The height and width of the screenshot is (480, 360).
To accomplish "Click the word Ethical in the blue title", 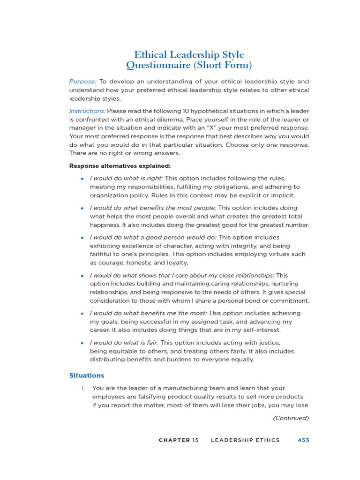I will tap(151, 55).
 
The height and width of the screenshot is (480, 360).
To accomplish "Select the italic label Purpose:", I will tap(83, 82).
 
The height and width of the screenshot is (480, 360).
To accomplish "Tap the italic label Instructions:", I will tap(87, 111).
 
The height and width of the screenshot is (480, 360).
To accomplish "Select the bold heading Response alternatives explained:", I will tap(120, 166).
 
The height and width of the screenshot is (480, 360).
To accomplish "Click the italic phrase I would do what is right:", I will tap(126, 179).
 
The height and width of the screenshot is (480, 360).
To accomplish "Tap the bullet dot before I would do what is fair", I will tap(82, 343).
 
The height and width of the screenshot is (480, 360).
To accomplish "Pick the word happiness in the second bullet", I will tap(107, 225).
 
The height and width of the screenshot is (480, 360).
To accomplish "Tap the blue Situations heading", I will tap(87, 375).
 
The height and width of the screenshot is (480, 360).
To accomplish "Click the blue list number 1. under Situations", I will tap(83, 388).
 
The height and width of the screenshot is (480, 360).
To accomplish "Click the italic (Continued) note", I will tap(291, 418).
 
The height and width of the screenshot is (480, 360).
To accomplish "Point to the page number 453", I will tap(303, 440).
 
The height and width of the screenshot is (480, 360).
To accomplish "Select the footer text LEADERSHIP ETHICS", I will tap(245, 440).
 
